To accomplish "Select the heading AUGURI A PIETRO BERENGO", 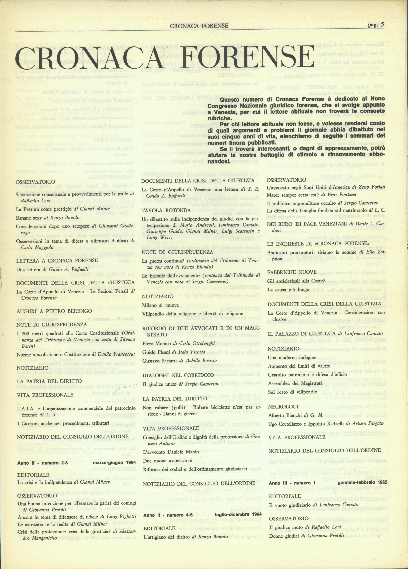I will (x=54, y=311).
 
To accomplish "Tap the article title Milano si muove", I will (x=160, y=305).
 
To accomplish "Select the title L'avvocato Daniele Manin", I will (x=171, y=452).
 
